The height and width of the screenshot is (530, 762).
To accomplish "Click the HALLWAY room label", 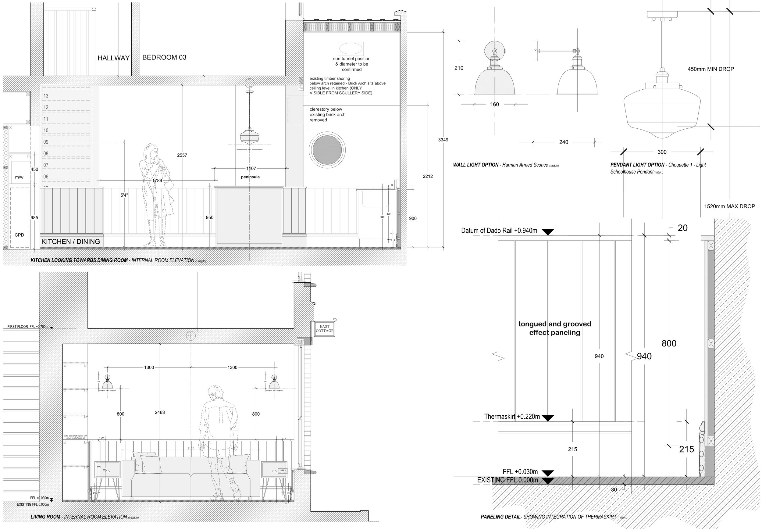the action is tap(113, 58).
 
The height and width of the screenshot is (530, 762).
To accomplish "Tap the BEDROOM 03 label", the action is tap(164, 57).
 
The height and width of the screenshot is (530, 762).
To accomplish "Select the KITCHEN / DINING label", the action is tap(71, 242).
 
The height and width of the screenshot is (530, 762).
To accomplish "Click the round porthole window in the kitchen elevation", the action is tap(327, 150).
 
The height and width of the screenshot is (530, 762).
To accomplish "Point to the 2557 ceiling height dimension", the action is tap(182, 155).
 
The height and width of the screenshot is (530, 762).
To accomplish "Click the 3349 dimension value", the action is tap(443, 140).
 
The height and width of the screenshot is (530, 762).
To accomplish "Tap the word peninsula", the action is tap(250, 177).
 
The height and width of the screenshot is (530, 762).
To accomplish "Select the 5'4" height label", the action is tap(124, 195).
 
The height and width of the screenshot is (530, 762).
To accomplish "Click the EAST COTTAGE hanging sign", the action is tap(324, 329).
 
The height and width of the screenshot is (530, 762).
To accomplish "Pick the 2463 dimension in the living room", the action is tap(160, 413).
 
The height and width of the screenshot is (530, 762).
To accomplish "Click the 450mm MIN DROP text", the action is tap(710, 69).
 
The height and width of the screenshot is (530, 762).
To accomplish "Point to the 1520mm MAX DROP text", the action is tap(729, 206).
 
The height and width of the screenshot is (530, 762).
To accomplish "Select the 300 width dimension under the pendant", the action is tap(662, 152).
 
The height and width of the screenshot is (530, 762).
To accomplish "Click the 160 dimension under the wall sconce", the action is tap(494, 105).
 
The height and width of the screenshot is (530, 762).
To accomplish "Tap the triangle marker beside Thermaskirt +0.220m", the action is tap(548, 418).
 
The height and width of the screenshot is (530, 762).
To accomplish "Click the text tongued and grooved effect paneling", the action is tap(554, 328).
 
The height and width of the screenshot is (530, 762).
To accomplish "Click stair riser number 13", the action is tap(46, 96).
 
